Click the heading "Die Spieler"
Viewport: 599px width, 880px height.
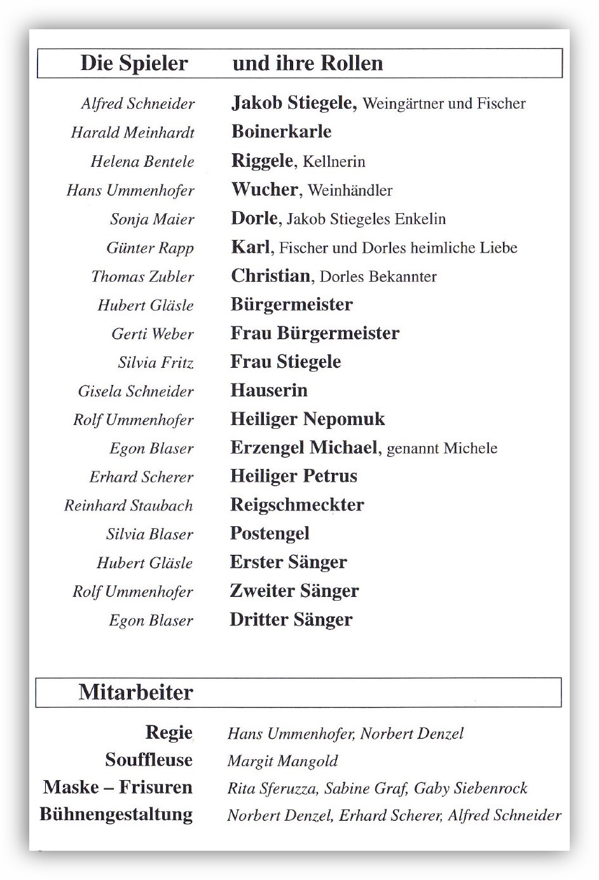[134, 64]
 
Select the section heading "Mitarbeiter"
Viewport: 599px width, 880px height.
[135, 692]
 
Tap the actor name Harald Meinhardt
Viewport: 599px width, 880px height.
[132, 132]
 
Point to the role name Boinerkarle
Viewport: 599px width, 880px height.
[281, 132]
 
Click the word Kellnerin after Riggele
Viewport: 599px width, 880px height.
[334, 162]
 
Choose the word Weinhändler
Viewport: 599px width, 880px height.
[350, 190]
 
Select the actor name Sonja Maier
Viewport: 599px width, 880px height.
[152, 219]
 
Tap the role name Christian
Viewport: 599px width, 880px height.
[270, 276]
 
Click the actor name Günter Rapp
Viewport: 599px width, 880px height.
[150, 248]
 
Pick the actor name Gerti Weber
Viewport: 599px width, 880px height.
[153, 333]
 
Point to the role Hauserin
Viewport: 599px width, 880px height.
[268, 390]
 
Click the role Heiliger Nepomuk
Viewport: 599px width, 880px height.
[307, 419]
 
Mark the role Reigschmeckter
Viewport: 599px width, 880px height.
[297, 505]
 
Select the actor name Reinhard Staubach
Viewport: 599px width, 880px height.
[128, 505]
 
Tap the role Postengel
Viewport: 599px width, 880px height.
[270, 534]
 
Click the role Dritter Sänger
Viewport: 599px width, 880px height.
[291, 620]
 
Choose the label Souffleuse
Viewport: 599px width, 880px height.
[149, 760]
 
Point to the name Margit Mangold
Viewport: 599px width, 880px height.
[282, 761]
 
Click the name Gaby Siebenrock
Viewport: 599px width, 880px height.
[471, 788]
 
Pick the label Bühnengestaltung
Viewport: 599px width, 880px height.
[116, 814]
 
